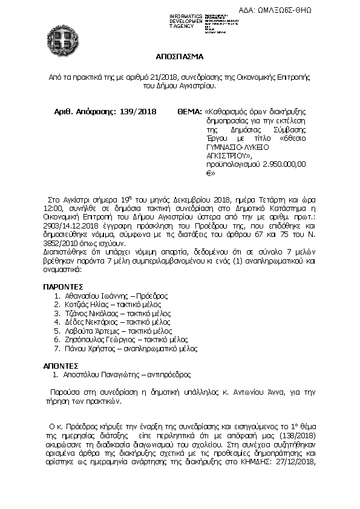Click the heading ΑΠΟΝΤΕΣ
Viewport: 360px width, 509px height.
pyautogui.click(x=61, y=366)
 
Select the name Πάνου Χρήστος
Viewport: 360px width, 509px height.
pyautogui.click(x=85, y=349)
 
